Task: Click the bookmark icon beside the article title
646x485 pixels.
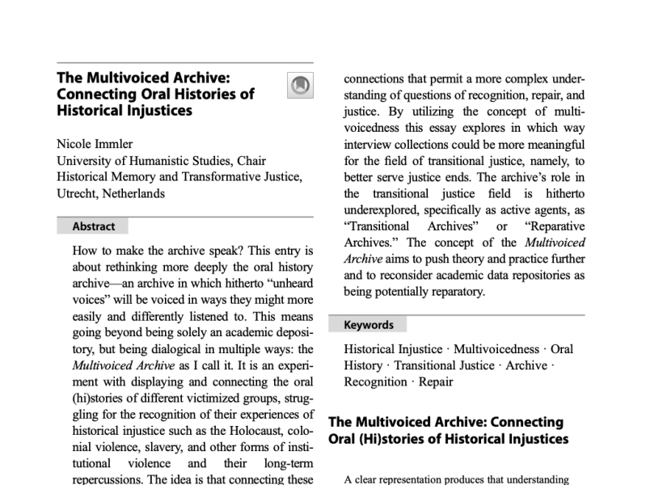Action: coord(299,84)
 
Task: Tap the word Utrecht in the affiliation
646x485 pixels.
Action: coord(76,193)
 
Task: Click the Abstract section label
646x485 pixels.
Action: coord(93,226)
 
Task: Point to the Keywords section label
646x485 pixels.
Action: coord(369,325)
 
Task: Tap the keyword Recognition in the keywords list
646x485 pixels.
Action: coord(374,382)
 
